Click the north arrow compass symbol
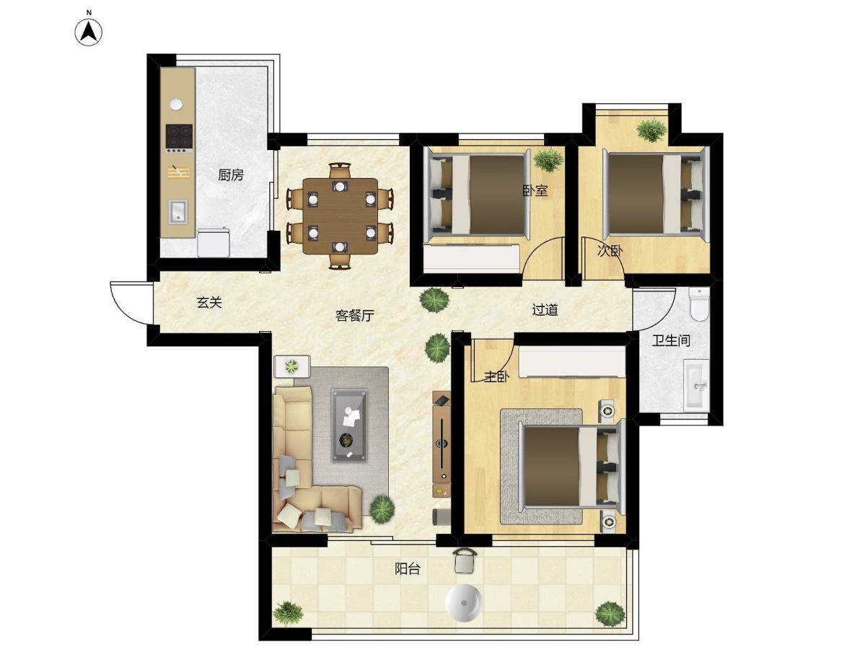89,31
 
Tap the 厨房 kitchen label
231,175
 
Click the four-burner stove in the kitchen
179,136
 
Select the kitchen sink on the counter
177,211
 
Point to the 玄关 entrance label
209,302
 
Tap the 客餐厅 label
355,315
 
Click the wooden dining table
341,216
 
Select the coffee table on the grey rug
350,425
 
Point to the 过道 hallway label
545,310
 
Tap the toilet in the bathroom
699,304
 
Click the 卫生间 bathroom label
671,340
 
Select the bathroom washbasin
696,385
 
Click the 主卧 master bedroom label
496,376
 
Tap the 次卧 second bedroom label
610,250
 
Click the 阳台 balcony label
408,568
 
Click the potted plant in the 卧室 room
548,160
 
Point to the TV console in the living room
442,444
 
